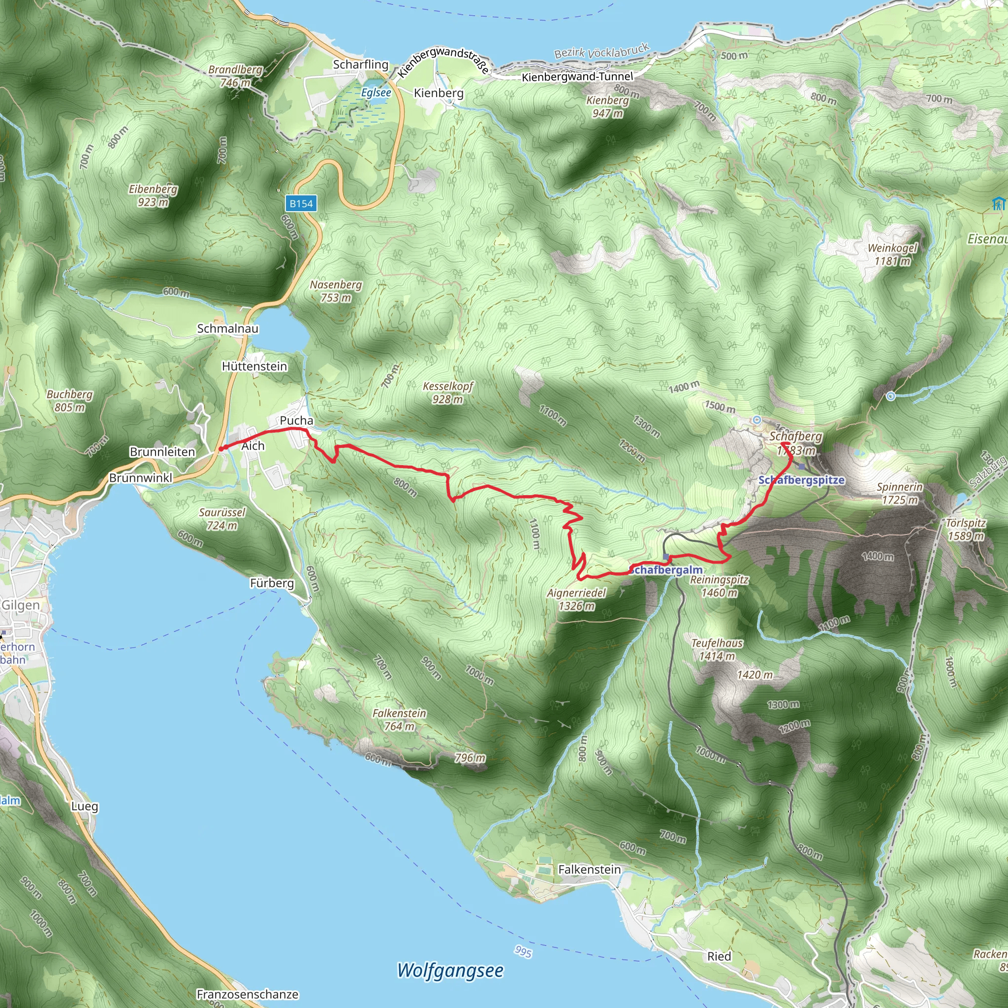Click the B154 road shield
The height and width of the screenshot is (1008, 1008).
301,203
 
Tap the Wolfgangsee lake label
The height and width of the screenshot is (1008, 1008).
450,970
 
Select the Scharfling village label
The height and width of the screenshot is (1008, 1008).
360,64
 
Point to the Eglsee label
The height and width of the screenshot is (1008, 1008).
376,93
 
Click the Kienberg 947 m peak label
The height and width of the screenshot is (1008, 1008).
607,106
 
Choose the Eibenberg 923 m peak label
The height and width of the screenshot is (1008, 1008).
153,195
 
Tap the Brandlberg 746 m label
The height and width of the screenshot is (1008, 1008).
235,76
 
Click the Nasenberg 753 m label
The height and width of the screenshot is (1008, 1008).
336,290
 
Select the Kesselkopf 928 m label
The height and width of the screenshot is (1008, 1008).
448,392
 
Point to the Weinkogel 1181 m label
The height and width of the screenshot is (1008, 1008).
892,254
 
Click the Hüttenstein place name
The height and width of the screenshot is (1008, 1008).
254,366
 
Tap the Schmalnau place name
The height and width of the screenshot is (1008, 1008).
227,329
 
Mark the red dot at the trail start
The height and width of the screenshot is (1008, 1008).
220,448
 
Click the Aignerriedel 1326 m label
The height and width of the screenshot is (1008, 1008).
576,599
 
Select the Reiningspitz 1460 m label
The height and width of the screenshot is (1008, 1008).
719,586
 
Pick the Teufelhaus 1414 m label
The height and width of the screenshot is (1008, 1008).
716,650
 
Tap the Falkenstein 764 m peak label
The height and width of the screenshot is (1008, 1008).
399,720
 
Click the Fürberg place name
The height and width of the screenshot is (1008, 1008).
272,583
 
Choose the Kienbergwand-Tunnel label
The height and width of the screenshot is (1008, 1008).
577,77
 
